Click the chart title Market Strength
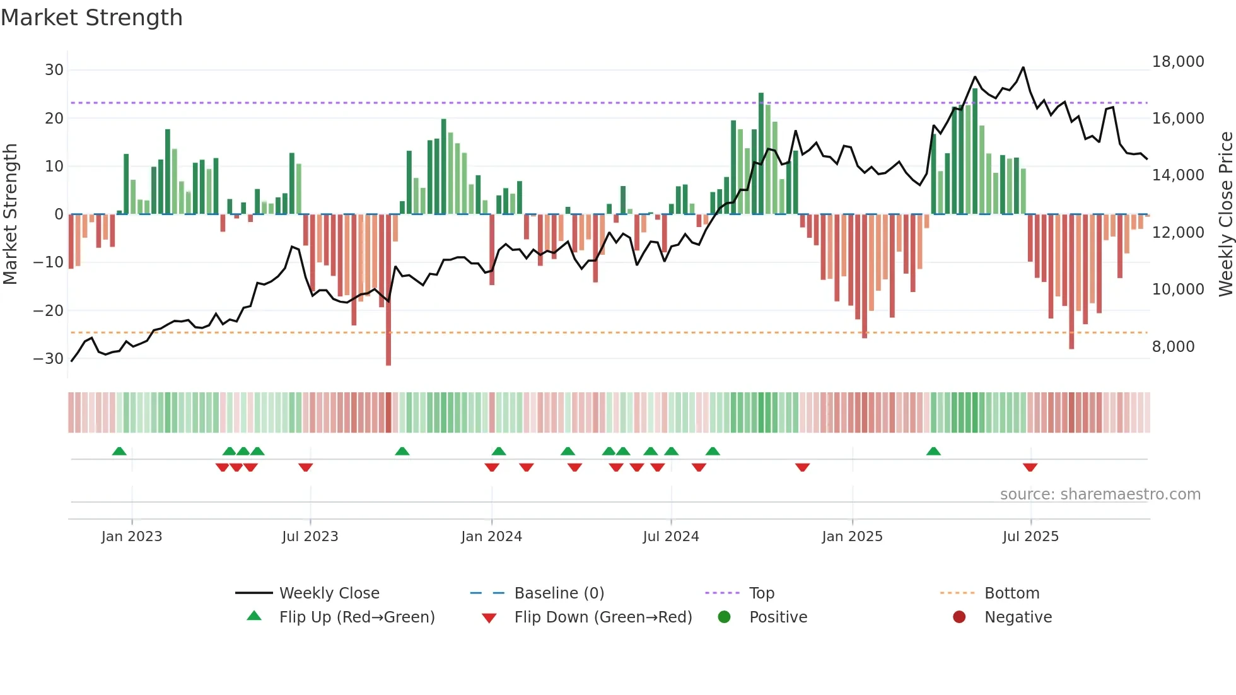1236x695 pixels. point(91,18)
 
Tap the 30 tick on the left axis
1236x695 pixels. point(54,70)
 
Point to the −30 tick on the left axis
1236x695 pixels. point(49,359)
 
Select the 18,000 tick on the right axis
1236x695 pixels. point(1178,62)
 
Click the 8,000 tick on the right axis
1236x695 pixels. point(1173,347)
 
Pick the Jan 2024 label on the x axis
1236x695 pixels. point(491,537)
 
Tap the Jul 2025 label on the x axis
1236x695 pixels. point(1030,537)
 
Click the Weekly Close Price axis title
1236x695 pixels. point(1225,214)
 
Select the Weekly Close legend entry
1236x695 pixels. point(329,593)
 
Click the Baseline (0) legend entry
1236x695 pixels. point(559,593)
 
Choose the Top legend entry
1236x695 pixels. point(761,593)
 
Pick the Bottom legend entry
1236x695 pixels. point(1012,593)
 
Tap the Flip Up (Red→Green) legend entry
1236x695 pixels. point(356,617)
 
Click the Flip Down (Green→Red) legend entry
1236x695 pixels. point(602,617)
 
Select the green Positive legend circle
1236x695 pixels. point(724,617)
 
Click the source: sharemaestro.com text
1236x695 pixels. point(1100,494)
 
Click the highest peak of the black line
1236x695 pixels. point(1023,67)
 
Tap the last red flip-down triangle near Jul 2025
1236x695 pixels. point(1030,467)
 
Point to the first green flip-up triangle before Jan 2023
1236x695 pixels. point(119,451)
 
